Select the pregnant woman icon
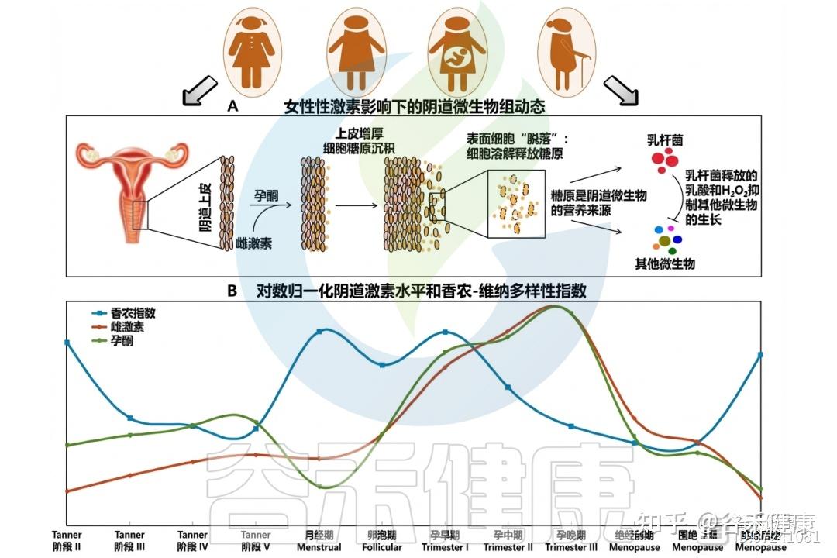click(x=457, y=50)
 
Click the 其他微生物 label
click(x=665, y=264)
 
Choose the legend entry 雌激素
click(x=128, y=327)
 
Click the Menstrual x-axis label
click(x=319, y=541)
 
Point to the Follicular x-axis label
click(x=382, y=541)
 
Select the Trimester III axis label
click(x=571, y=541)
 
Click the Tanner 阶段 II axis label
click(x=67, y=541)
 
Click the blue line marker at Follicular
click(x=382, y=365)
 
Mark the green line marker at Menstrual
click(x=319, y=486)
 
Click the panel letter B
click(x=232, y=292)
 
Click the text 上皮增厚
click(x=360, y=134)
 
